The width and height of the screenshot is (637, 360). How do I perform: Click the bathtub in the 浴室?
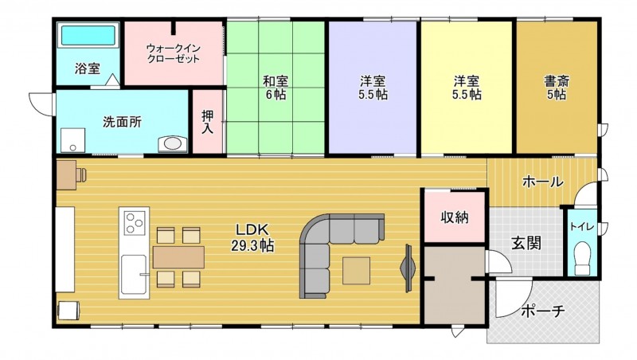[88, 36]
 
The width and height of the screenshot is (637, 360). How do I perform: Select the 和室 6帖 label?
[275, 86]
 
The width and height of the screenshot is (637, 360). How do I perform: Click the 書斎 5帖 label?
[556, 86]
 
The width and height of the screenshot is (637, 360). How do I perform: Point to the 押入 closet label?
[207, 121]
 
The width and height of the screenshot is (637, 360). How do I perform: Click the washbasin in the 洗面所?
[173, 144]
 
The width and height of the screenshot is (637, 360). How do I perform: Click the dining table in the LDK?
[178, 256]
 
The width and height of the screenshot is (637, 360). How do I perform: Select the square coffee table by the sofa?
[357, 270]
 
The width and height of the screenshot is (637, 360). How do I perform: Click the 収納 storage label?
[454, 217]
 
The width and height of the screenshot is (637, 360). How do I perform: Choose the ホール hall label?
[542, 182]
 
